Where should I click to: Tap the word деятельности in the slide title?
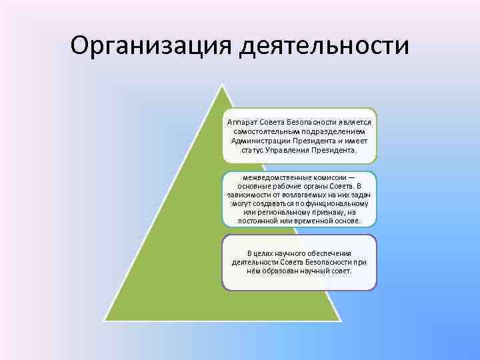tap(324, 46)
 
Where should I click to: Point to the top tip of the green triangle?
tap(219, 85)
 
